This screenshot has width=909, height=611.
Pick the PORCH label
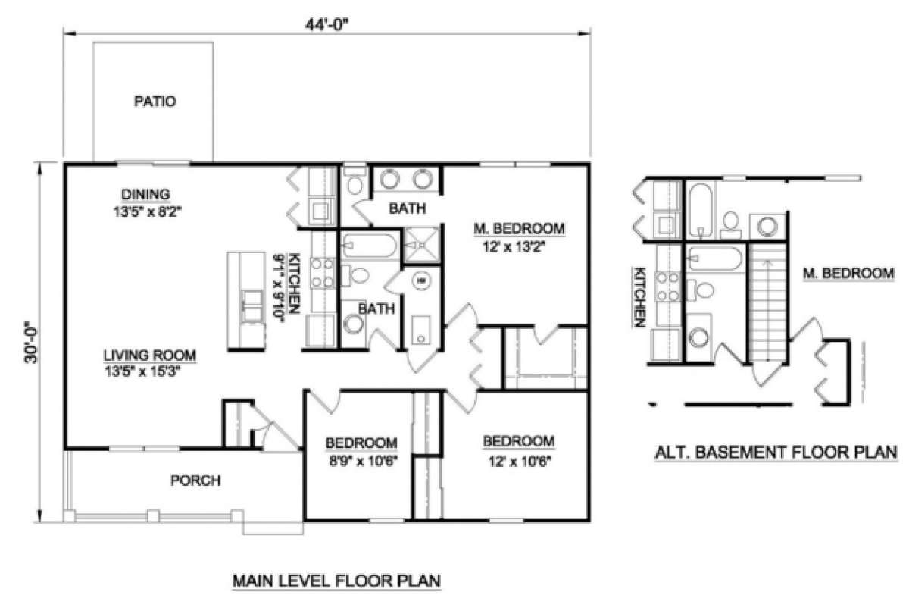point(195,480)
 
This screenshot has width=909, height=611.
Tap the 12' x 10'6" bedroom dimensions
point(518,459)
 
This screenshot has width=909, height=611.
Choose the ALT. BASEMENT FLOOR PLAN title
point(775,453)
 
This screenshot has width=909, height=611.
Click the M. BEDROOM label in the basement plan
point(847,273)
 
